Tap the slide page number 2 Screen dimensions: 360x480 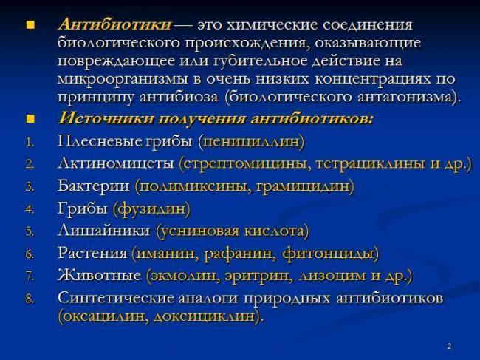coord(450,346)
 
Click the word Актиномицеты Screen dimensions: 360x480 coord(116,163)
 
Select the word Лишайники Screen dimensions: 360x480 coord(104,231)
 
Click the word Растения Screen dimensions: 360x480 coord(92,254)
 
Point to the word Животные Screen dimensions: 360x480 coord(99,276)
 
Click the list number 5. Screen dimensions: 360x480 coord(30,232)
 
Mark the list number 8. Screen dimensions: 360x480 coord(30,299)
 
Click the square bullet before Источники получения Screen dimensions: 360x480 coord(30,118)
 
